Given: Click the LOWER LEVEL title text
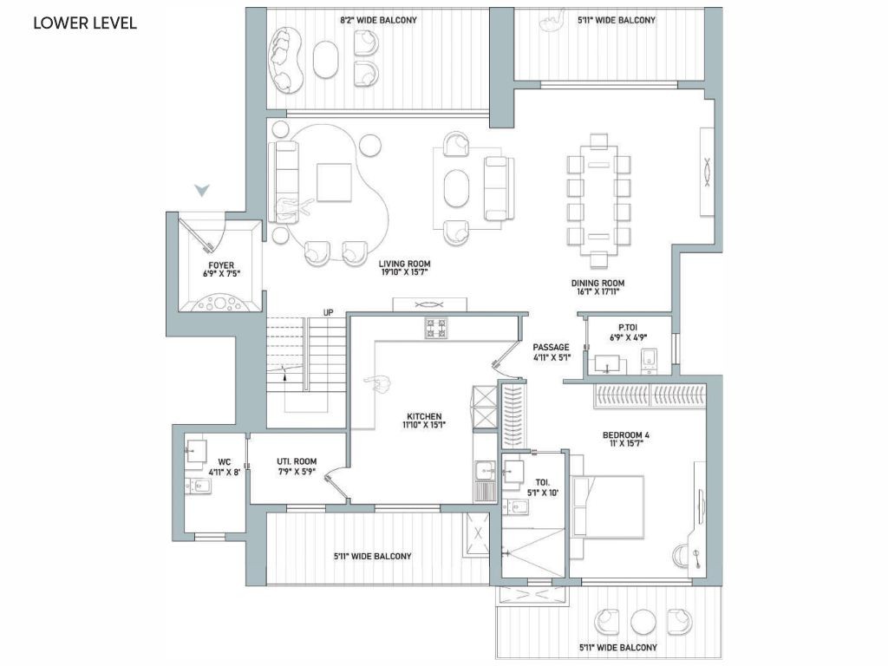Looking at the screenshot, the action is coord(85,23).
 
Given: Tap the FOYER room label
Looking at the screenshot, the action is coord(221,265).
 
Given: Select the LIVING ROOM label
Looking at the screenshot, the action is coord(404,264).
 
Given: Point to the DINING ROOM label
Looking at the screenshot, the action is coord(597,284).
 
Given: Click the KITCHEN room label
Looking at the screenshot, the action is coord(424,416).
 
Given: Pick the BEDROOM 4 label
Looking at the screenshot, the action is coord(626,435).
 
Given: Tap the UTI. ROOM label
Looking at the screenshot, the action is coord(297,461).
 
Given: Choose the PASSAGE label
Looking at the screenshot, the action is coord(551,347).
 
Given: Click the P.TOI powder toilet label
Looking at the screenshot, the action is coord(628,327).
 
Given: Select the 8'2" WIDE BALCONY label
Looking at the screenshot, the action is coord(378,20).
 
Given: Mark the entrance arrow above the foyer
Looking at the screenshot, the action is coord(202,190).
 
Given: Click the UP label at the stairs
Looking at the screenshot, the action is coord(329,312).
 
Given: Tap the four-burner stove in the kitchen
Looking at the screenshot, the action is coord(436,328).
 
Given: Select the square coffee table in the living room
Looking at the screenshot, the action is coord(334,182).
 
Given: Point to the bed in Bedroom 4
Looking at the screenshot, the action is coord(608,506).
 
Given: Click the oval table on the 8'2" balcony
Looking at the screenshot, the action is coord(326,59).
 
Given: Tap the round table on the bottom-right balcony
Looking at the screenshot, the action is coord(643,622).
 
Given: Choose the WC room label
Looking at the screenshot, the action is coord(225,461).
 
